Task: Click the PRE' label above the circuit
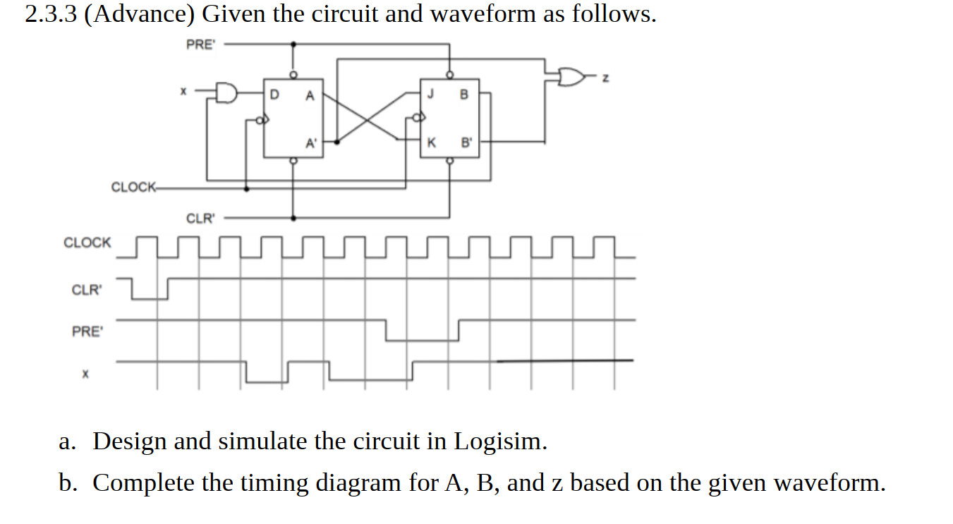[x=200, y=44]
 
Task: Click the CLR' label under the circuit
[x=200, y=218]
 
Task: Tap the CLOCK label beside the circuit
[x=133, y=187]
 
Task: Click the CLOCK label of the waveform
[x=87, y=243]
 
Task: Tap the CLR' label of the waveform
[x=87, y=290]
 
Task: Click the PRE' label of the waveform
[x=87, y=331]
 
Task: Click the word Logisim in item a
[x=499, y=441]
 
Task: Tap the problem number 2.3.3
[x=51, y=14]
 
